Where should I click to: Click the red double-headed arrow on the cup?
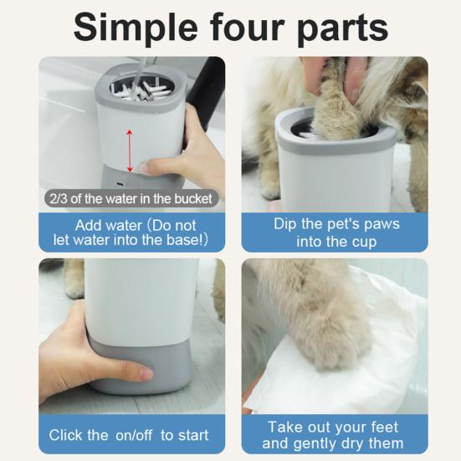point(130,151)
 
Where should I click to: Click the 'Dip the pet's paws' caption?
point(336,224)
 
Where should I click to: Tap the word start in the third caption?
point(192,435)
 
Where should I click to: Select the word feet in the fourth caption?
point(385,426)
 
